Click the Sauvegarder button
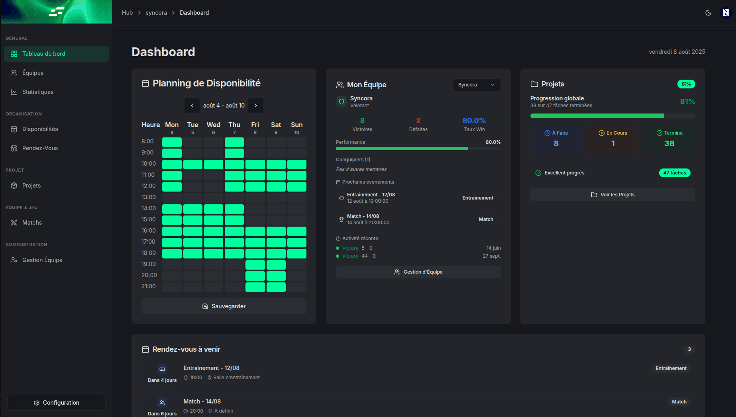(x=224, y=306)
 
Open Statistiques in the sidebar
(x=38, y=92)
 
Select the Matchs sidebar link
(x=32, y=223)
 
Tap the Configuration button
(x=56, y=403)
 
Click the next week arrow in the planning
(x=256, y=106)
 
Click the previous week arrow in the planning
(x=192, y=106)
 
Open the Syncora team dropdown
(x=477, y=85)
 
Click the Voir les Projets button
(x=612, y=195)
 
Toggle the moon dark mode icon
(x=708, y=13)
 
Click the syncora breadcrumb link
(x=156, y=13)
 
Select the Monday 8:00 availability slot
(x=172, y=142)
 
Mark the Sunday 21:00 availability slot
(x=297, y=287)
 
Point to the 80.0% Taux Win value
(x=474, y=121)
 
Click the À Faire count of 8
(x=556, y=143)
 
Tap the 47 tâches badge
(x=674, y=173)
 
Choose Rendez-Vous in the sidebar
(x=40, y=148)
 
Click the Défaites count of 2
(x=418, y=121)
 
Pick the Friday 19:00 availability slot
(x=255, y=264)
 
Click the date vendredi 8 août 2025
(x=677, y=52)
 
